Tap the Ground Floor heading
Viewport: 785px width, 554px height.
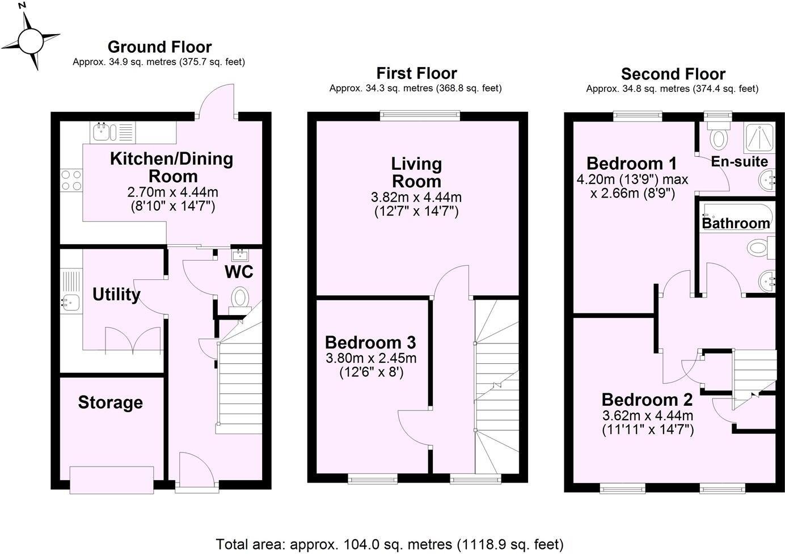[159, 47]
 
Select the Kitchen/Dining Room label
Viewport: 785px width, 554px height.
[171, 167]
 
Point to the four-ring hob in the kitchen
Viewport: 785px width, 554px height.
[71, 180]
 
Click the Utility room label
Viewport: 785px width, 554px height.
[116, 295]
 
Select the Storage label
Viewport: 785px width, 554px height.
[110, 402]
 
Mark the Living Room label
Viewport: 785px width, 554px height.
[416, 173]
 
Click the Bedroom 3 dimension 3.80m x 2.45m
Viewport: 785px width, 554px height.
[371, 358]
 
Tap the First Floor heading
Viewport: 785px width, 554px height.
[416, 73]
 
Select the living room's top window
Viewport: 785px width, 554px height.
[420, 116]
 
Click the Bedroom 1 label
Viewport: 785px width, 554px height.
[631, 163]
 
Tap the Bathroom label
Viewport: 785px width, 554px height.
[736, 223]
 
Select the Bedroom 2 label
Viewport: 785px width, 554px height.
[647, 400]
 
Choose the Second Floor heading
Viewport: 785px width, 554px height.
[673, 74]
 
